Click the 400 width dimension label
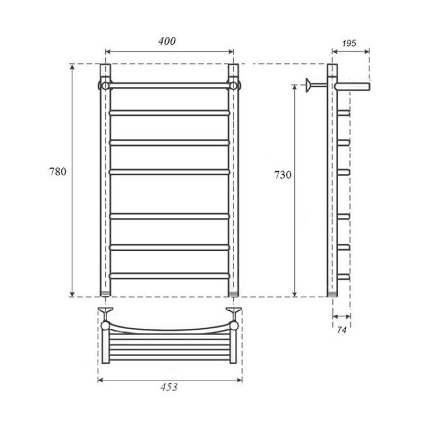click(x=167, y=41)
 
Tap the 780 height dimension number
click(x=57, y=171)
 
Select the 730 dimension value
click(x=283, y=175)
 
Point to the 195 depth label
click(x=349, y=43)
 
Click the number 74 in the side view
click(x=342, y=330)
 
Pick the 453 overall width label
click(x=169, y=387)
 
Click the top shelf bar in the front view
click(x=170, y=86)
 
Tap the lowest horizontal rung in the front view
click(x=170, y=276)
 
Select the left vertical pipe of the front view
click(x=105, y=180)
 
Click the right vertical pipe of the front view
click(x=233, y=180)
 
